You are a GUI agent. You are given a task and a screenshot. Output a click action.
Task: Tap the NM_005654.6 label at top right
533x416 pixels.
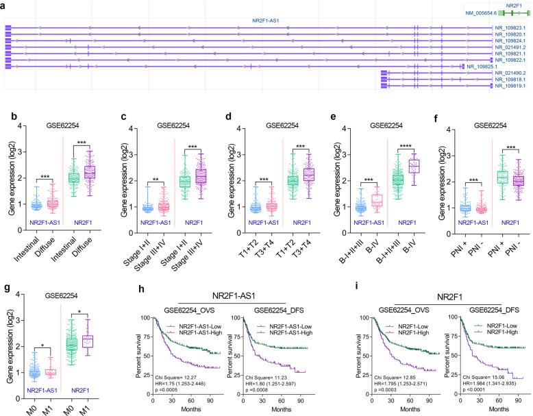[478, 13]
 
